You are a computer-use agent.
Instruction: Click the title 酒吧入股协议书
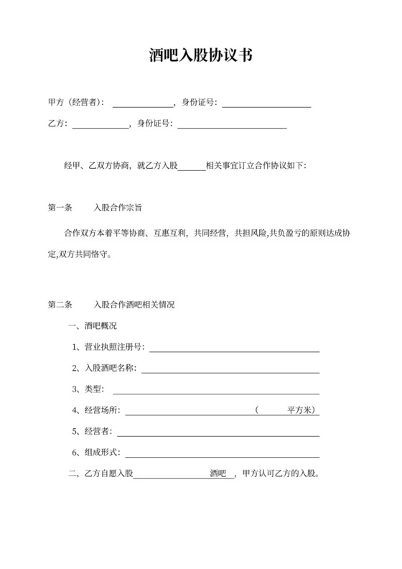click(200, 55)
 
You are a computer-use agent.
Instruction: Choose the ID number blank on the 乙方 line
click(232, 124)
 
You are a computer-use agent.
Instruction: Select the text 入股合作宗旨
click(118, 208)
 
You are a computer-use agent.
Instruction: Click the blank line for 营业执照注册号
click(233, 348)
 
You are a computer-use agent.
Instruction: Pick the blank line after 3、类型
click(215, 390)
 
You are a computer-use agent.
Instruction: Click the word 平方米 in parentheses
click(297, 410)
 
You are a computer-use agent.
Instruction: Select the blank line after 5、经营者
click(218, 432)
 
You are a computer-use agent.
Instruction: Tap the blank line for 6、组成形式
click(223, 453)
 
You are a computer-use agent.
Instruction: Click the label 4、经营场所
click(96, 411)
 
